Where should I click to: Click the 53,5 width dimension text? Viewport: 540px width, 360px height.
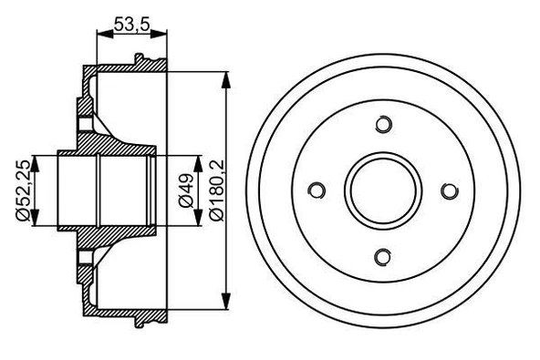pyautogui.click(x=132, y=24)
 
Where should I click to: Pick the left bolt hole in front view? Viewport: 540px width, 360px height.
pyautogui.click(x=317, y=190)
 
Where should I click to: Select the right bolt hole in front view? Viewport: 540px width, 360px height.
pyautogui.click(x=449, y=190)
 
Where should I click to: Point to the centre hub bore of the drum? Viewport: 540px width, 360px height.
pyautogui.click(x=383, y=190)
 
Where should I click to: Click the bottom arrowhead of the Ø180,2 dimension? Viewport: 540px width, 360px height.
pyautogui.click(x=225, y=306)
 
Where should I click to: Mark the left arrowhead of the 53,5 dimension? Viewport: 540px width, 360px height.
pyautogui.click(x=101, y=35)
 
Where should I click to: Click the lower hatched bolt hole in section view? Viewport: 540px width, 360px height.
pyautogui.click(x=85, y=258)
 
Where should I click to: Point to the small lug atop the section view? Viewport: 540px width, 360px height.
pyautogui.click(x=140, y=60)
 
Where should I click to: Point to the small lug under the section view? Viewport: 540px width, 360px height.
pyautogui.click(x=140, y=319)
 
